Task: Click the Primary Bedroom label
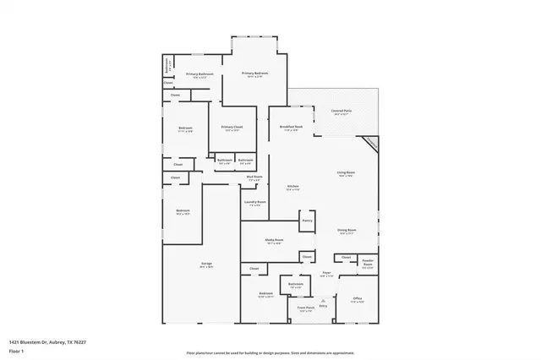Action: pyautogui.click(x=257, y=74)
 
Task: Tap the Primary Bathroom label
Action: pyautogui.click(x=198, y=74)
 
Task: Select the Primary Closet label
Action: pyautogui.click(x=231, y=128)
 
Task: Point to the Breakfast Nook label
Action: pyautogui.click(x=291, y=128)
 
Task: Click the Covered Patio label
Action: pyautogui.click(x=342, y=111)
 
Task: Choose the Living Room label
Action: pyautogui.click(x=345, y=173)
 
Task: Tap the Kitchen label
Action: pyautogui.click(x=292, y=187)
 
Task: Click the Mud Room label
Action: pyautogui.click(x=254, y=177)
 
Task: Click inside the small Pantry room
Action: pyautogui.click(x=307, y=221)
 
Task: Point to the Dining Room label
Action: pyautogui.click(x=346, y=230)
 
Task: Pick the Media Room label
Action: pyautogui.click(x=273, y=241)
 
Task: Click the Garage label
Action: pyautogui.click(x=205, y=264)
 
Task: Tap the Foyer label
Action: pyautogui.click(x=325, y=273)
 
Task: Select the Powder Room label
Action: pyautogui.click(x=367, y=263)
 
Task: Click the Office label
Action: pyautogui.click(x=358, y=298)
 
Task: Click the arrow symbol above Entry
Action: pyautogui.click(x=322, y=300)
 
